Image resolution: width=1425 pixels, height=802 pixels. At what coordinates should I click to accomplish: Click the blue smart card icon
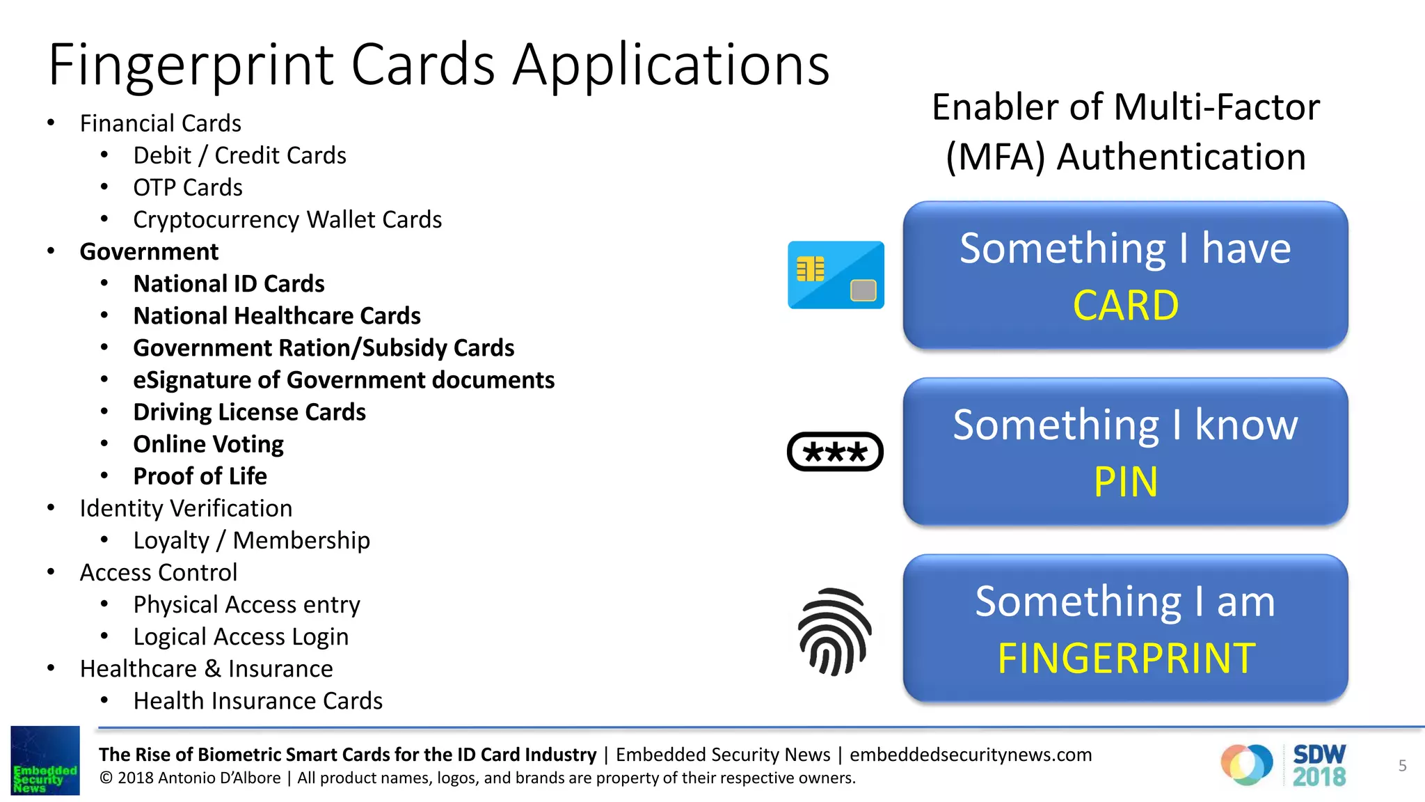point(835,275)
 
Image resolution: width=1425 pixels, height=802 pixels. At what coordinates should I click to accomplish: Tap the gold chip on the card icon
point(810,269)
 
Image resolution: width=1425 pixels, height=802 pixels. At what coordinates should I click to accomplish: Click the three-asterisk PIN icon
point(835,452)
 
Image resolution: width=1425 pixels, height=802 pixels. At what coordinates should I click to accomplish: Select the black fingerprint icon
point(834,631)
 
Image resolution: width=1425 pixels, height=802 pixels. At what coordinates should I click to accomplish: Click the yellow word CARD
point(1125,306)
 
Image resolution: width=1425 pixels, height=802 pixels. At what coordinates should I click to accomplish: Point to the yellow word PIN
point(1125,482)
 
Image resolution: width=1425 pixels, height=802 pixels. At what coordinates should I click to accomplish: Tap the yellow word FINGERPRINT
point(1126,659)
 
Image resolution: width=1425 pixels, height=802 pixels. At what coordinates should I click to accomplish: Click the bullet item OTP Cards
point(188,187)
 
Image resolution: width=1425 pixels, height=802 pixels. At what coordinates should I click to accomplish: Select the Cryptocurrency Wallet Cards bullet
point(287,219)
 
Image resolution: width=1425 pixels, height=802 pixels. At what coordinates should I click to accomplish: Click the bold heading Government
point(149,251)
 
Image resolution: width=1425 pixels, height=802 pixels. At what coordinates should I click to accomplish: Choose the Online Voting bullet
point(208,444)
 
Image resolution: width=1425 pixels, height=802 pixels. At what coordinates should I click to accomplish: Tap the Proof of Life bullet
point(200,476)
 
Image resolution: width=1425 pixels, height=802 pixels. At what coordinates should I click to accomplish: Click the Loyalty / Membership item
point(251,540)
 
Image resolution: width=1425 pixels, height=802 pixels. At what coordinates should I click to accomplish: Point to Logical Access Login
point(241,636)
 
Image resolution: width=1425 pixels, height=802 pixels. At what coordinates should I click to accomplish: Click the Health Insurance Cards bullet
point(257,700)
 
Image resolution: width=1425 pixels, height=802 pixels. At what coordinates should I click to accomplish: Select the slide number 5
point(1402,766)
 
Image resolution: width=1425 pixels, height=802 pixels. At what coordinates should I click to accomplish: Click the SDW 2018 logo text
point(1319,765)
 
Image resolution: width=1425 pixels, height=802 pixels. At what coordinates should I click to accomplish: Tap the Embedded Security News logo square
point(45,760)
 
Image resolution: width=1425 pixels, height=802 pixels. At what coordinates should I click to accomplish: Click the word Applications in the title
point(671,65)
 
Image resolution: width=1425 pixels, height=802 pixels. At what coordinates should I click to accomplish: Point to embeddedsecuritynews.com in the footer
point(971,755)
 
